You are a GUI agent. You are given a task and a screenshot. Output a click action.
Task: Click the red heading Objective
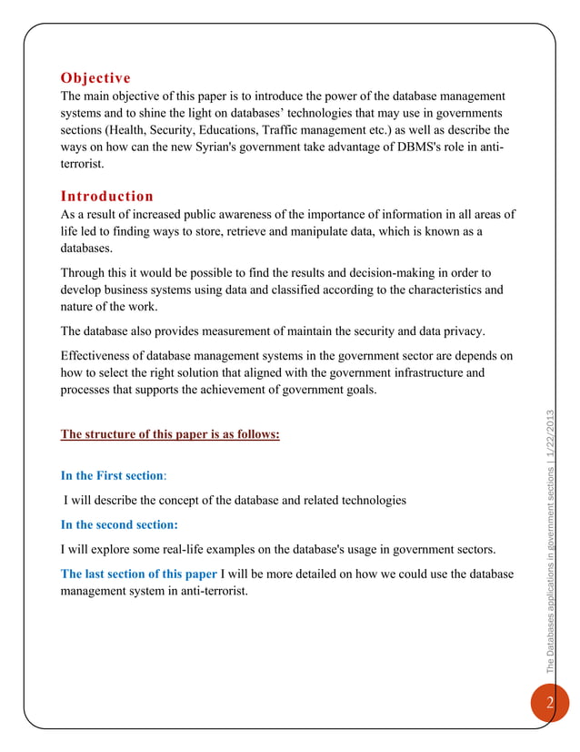pyautogui.click(x=95, y=77)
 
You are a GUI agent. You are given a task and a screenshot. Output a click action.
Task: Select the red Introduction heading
pyautogui.click(x=106, y=196)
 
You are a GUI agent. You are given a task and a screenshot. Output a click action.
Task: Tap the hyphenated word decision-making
pyautogui.click(x=363, y=273)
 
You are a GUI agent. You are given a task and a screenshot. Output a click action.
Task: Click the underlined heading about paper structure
pyautogui.click(x=169, y=434)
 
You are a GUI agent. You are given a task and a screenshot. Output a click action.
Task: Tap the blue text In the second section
pyautogui.click(x=118, y=524)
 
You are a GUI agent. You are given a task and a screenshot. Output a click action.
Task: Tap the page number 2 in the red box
pyautogui.click(x=549, y=704)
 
